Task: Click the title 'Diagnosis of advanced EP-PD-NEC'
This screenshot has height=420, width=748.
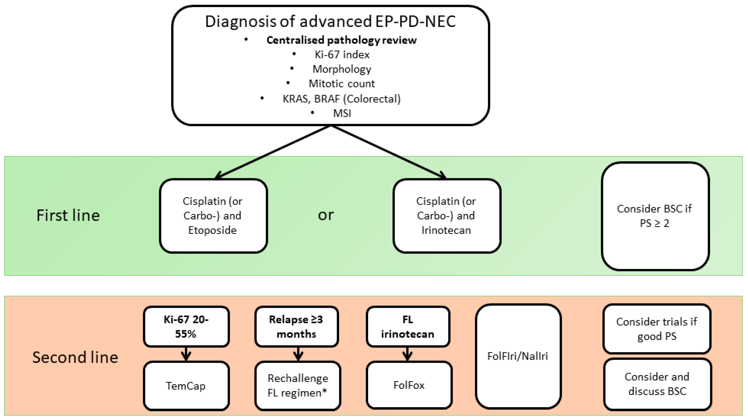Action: click(x=330, y=22)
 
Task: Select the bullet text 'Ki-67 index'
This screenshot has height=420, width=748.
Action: click(x=342, y=55)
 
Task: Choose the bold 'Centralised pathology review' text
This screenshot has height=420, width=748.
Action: click(x=341, y=40)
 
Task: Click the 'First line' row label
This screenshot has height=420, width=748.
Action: click(x=68, y=215)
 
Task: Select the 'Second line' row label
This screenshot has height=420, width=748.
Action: click(x=75, y=357)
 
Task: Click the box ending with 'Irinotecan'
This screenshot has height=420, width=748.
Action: click(x=447, y=216)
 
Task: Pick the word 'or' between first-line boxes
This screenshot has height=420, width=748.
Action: click(x=326, y=215)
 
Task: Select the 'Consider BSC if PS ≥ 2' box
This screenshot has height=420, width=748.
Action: click(x=655, y=216)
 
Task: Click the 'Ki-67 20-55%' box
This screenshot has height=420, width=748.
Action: click(x=186, y=326)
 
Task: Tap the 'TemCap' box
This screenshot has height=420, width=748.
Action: click(x=186, y=386)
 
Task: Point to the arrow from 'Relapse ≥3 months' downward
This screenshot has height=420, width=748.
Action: click(x=298, y=354)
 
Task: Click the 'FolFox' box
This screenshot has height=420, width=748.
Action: click(x=409, y=385)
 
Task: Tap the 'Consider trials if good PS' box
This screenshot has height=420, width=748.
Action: click(x=657, y=329)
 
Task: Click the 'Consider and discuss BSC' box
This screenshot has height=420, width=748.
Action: click(x=657, y=384)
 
